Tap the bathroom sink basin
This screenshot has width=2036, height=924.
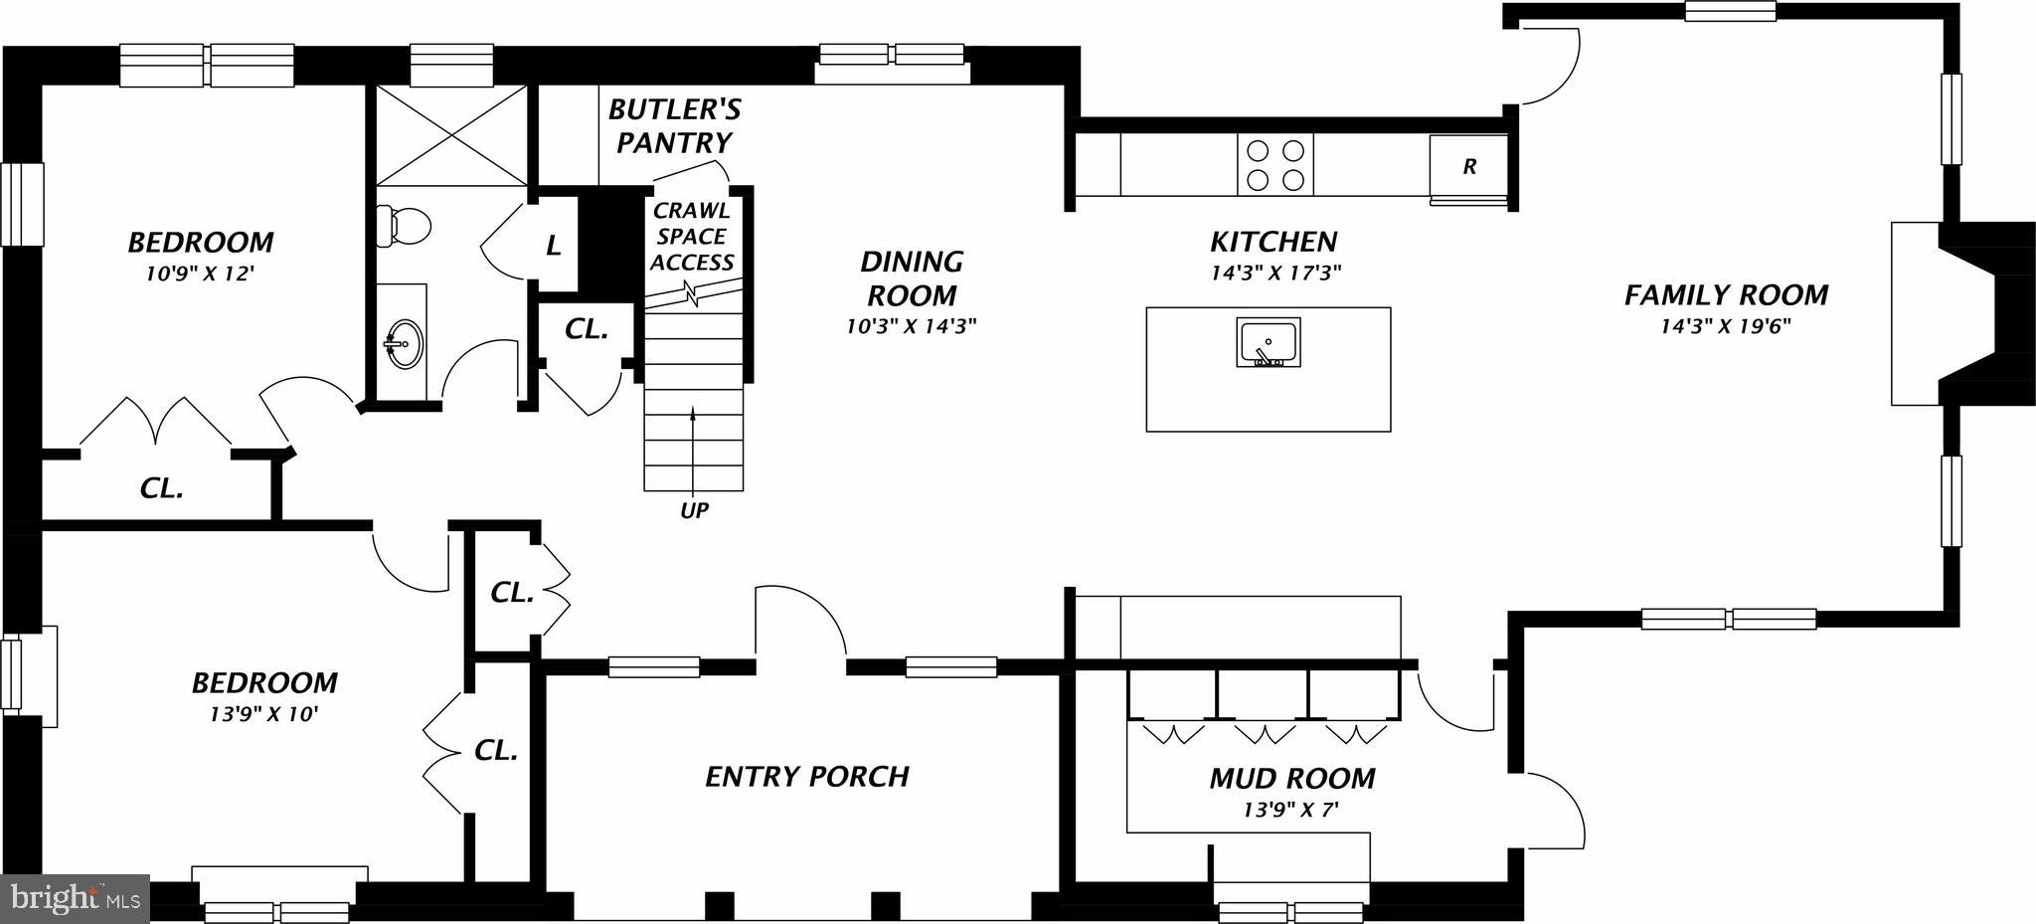(405, 344)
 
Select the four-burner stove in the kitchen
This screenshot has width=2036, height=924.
(1275, 165)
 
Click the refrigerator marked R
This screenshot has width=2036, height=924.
(1468, 167)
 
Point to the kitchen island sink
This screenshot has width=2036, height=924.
(1269, 342)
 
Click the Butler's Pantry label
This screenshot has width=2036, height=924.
(674, 125)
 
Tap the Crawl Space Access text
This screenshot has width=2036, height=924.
(692, 237)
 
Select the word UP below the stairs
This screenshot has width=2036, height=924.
(694, 511)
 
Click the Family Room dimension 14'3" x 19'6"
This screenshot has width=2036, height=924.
(1726, 325)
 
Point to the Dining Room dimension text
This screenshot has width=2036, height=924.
(912, 325)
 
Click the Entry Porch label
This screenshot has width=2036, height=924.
(807, 777)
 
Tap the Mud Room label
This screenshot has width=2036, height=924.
(1291, 778)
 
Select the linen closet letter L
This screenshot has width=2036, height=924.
(554, 246)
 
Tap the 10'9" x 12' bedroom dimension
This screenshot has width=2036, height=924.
(201, 273)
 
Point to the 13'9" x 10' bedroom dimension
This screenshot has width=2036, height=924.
(264, 713)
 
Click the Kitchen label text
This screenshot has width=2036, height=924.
(1273, 242)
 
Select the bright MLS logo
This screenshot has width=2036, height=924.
(75, 899)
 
